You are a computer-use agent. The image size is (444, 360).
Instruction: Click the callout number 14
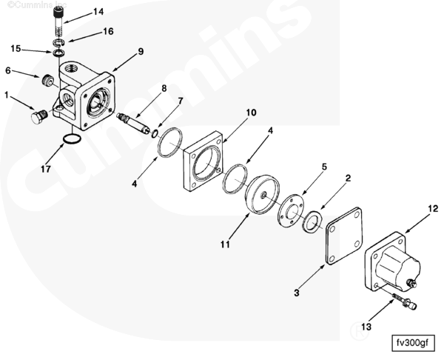(x=98, y=12)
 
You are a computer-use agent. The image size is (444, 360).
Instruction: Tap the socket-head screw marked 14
(x=58, y=21)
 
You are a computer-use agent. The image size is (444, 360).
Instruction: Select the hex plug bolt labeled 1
(x=39, y=116)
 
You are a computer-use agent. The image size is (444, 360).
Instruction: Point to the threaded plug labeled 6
(x=47, y=80)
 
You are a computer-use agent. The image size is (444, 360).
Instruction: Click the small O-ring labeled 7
(x=155, y=133)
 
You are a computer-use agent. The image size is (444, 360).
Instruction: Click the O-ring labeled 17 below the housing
(x=72, y=139)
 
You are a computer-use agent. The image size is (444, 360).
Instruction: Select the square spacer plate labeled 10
(x=203, y=161)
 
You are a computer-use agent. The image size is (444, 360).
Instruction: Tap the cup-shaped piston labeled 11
(x=262, y=195)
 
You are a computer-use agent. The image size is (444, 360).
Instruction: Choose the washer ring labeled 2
(x=312, y=221)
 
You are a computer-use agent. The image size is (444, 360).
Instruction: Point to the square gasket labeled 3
(x=344, y=236)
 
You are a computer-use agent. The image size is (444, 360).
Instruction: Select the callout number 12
(x=433, y=209)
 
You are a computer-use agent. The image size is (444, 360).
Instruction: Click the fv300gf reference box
(x=413, y=343)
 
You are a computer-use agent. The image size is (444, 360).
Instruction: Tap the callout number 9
(x=141, y=52)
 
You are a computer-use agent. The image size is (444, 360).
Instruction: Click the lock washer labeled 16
(x=59, y=42)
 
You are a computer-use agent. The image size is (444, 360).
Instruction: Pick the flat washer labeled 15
(x=59, y=53)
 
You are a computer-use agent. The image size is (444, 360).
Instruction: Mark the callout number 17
(x=46, y=169)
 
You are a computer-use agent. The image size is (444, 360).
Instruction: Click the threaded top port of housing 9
(x=70, y=68)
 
